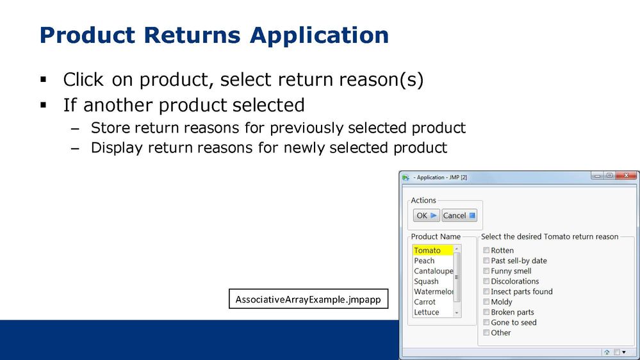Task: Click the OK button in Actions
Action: coord(426,215)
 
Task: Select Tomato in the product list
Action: coord(427,250)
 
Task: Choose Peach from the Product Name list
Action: coord(424,261)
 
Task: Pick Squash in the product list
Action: coord(426,281)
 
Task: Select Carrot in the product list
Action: coord(425,302)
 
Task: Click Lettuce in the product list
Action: coord(427,312)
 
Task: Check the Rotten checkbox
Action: coord(486,250)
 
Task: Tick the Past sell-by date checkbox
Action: coord(486,261)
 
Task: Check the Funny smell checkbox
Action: coord(486,270)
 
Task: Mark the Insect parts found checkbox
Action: coord(486,291)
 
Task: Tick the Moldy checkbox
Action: coord(486,302)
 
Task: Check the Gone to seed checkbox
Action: coord(486,322)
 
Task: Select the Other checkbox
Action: coord(486,332)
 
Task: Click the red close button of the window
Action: coord(626,176)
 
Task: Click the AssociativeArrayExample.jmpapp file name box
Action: coord(309,299)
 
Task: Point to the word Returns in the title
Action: coord(192,35)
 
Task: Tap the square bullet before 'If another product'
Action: coord(44,105)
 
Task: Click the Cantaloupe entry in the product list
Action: coord(433,270)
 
